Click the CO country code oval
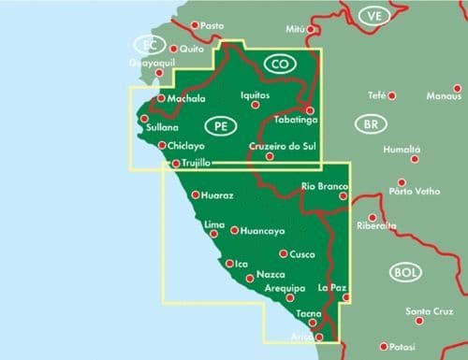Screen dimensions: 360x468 pos(278,65)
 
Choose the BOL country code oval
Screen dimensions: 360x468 pos(404,272)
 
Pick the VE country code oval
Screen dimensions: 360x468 pos(375,17)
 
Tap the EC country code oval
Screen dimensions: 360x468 pos(147,44)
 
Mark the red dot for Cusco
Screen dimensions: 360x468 pos(284,253)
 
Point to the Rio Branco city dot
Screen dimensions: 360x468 pos(344,195)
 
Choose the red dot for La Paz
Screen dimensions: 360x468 pos(346,297)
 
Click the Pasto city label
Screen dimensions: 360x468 pos(214,25)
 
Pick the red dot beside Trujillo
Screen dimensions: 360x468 pos(175,164)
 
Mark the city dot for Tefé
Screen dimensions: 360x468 pos(393,95)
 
